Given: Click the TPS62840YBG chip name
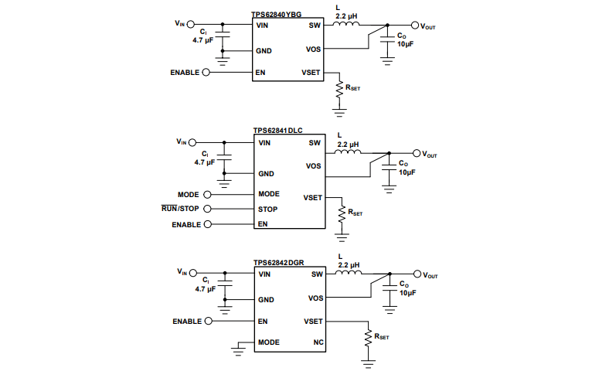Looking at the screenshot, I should [277, 15].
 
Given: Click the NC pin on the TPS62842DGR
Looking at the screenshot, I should [318, 342].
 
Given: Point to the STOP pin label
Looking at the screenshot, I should [267, 209].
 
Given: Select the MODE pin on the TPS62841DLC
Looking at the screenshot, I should [268, 194].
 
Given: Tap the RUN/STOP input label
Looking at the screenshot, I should [180, 209].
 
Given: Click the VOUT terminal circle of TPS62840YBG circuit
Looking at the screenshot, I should [414, 25].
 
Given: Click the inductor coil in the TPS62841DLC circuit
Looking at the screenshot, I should [349, 153].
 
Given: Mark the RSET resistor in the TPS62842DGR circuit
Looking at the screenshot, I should [367, 338].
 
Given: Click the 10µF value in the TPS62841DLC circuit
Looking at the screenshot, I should [407, 173].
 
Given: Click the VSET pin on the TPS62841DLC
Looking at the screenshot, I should [313, 198].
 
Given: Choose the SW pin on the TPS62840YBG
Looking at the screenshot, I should [315, 25].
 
